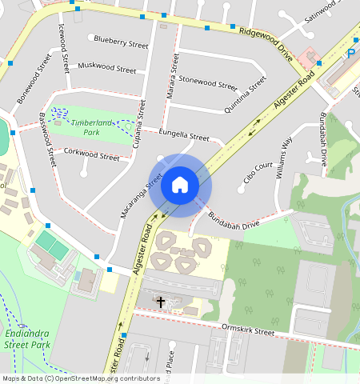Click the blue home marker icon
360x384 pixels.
click(x=180, y=185)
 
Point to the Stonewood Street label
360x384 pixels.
click(x=208, y=82)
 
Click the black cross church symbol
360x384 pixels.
click(x=161, y=302)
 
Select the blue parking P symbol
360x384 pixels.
click(x=352, y=53)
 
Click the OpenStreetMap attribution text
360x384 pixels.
click(x=80, y=378)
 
